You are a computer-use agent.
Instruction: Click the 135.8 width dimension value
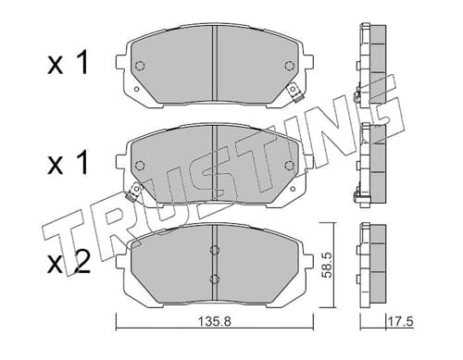coord(214,322)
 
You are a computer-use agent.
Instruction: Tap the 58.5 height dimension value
coord(326,265)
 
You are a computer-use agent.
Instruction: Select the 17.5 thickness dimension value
coord(400,322)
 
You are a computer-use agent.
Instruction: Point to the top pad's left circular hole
coord(140,66)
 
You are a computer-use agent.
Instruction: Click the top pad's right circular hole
coord(289,66)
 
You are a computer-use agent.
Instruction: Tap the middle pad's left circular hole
coord(140,166)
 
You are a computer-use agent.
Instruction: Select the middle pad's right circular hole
coord(289,166)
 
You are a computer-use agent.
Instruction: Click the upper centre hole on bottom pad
coord(215,250)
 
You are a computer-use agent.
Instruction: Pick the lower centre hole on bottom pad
coord(215,279)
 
